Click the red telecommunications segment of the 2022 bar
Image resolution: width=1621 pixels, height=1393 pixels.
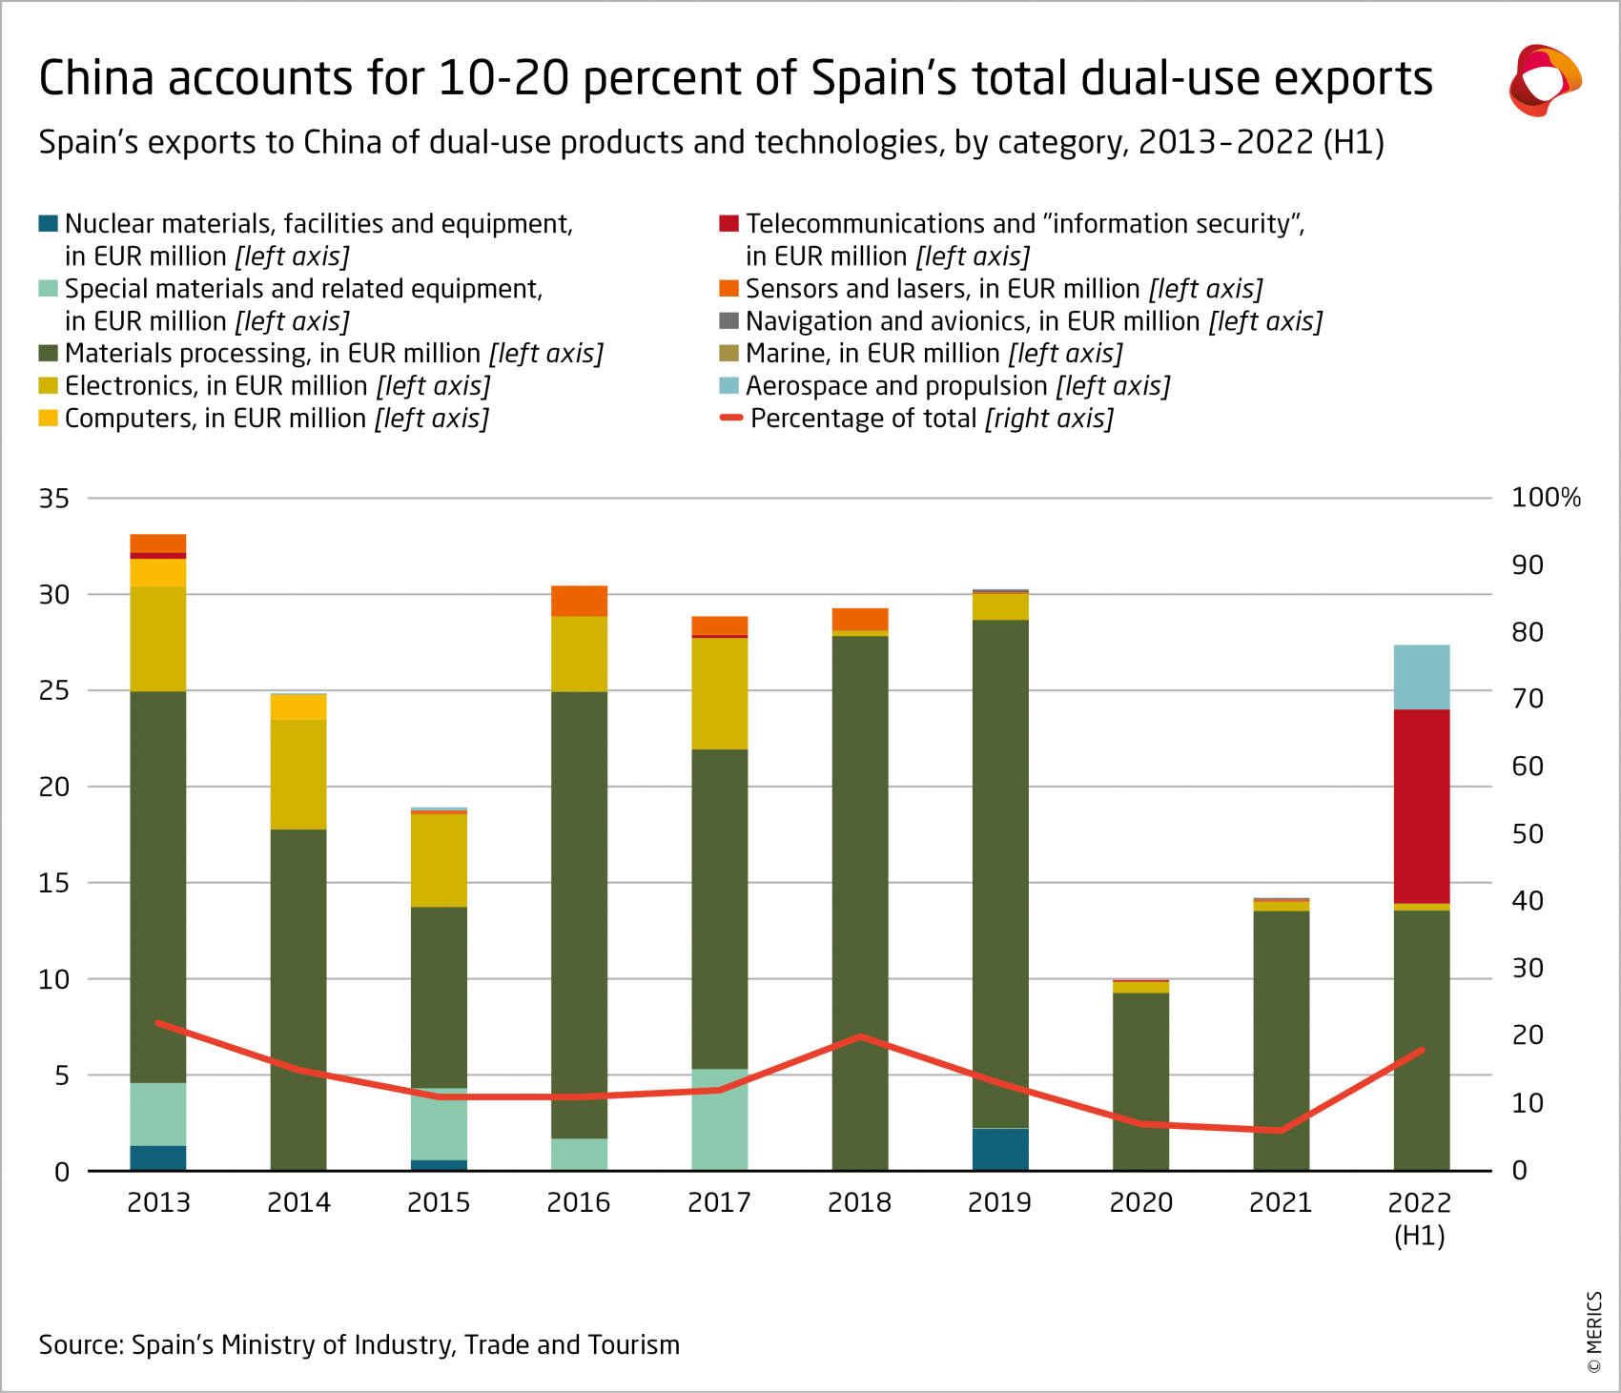coord(1421,806)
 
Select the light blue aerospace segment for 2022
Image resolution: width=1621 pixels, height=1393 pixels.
coord(1421,677)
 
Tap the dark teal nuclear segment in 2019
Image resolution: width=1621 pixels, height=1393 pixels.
coord(1000,1149)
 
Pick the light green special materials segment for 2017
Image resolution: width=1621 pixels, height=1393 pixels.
coord(719,1120)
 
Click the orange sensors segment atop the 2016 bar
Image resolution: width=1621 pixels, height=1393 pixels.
coord(579,601)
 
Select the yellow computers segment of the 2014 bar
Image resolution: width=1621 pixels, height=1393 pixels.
coord(298,707)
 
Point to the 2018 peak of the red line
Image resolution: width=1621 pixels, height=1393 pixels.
coord(860,1035)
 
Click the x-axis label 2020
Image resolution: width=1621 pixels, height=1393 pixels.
coord(1140,1202)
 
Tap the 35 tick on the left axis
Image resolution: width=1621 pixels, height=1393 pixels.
coord(54,498)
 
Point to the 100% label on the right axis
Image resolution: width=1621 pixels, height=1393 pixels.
coord(1545,498)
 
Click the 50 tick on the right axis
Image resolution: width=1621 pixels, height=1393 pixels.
coord(1528,833)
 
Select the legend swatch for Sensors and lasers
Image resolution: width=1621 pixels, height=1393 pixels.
coord(728,289)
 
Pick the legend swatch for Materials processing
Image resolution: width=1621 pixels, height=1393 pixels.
coord(48,354)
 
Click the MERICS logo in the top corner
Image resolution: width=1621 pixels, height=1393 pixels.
coord(1544,80)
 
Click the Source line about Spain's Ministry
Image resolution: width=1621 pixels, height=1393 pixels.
coord(359,1344)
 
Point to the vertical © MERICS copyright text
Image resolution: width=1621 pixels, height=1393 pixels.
coord(1593,1332)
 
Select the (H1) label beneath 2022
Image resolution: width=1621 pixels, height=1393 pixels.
coord(1419,1236)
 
